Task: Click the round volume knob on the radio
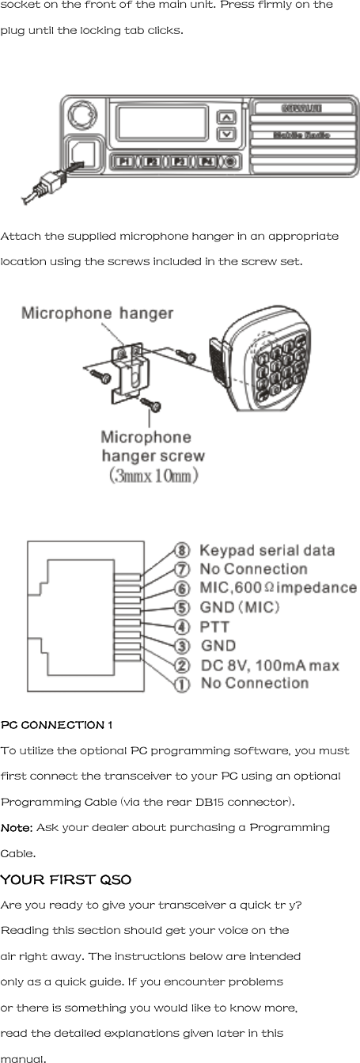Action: click(81, 116)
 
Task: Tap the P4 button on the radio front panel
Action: click(207, 161)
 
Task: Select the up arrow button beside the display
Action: click(226, 118)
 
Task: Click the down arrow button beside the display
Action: click(226, 134)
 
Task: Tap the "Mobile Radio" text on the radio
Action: click(301, 135)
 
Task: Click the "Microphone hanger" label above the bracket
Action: click(97, 313)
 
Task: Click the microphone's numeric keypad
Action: click(276, 367)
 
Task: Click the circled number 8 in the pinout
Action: click(182, 551)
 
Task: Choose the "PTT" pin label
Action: click(214, 627)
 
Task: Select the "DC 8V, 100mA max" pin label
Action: click(270, 665)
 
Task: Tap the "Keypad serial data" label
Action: click(267, 551)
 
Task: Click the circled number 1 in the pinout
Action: click(182, 684)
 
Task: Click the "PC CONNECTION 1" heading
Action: click(56, 725)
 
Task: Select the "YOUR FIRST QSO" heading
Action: click(66, 879)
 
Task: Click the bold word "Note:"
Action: click(17, 827)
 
